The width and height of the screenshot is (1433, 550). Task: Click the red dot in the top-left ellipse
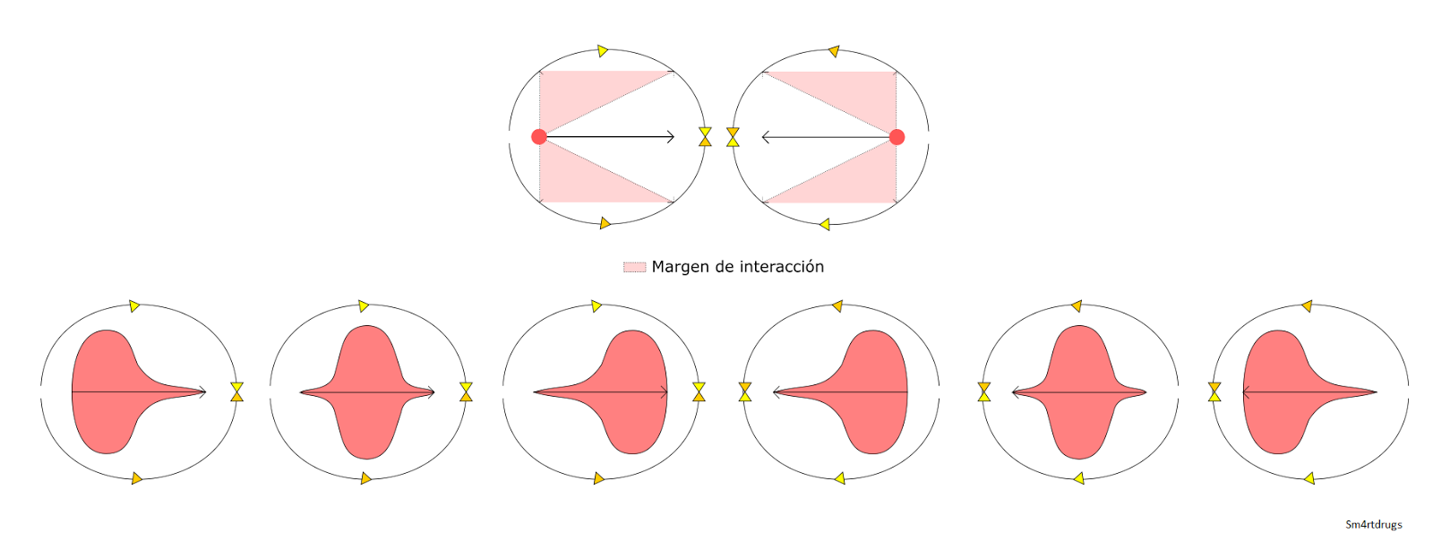click(538, 137)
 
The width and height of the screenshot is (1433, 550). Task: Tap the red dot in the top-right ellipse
click(897, 137)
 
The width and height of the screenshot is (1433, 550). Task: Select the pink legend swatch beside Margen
click(634, 267)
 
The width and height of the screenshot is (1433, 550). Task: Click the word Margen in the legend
click(680, 267)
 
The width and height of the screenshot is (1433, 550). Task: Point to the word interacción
click(779, 267)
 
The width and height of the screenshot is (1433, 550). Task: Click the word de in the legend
click(724, 267)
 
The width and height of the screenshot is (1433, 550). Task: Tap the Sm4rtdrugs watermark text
click(1373, 525)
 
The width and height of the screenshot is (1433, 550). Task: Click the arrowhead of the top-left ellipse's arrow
click(670, 137)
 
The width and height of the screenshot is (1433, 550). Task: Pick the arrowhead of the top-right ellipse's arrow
click(766, 137)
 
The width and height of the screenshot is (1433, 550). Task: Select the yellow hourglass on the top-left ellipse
click(705, 137)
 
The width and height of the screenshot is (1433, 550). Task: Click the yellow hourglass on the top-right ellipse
click(733, 137)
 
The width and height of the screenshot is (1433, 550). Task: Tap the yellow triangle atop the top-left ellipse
click(604, 50)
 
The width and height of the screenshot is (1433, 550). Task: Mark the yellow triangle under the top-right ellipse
click(825, 224)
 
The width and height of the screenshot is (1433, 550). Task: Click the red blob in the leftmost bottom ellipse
click(103, 391)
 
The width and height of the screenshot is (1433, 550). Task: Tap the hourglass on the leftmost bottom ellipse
click(236, 391)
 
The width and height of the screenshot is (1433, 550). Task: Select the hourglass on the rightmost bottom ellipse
click(1214, 391)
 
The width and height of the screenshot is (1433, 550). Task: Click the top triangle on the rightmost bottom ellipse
click(1307, 306)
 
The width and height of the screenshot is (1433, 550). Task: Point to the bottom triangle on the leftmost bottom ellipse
click(137, 478)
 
